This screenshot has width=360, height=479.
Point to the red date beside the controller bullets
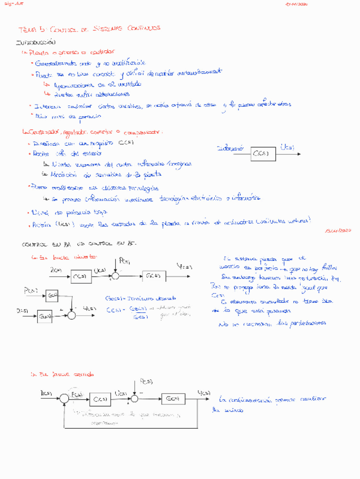[339, 230]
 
